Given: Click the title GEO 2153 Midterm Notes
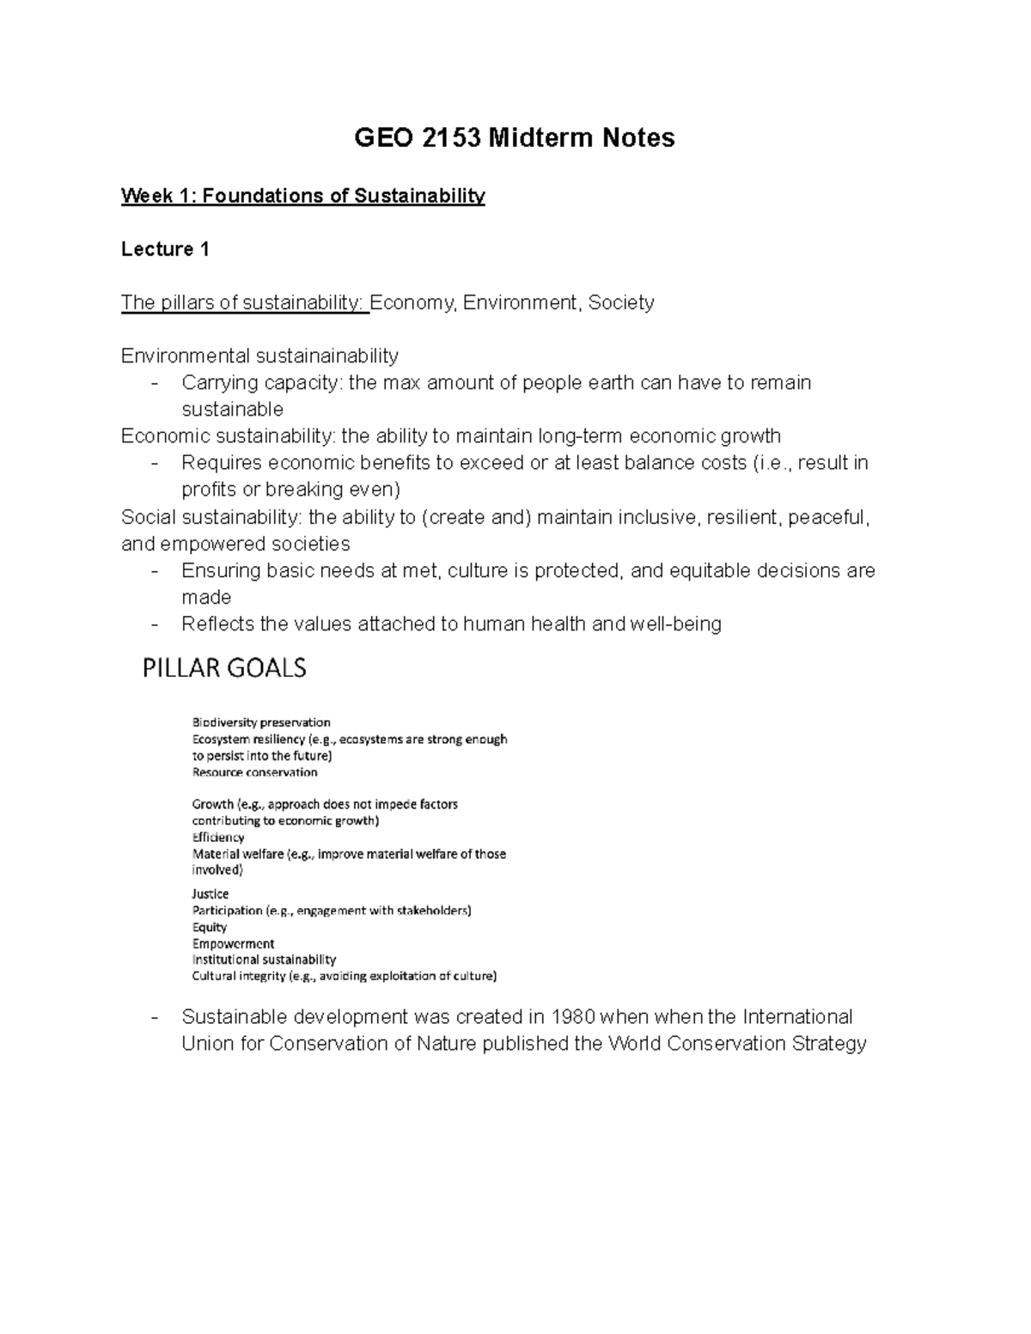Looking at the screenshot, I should click(515, 138).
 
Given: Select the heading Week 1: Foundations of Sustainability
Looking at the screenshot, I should click(302, 196).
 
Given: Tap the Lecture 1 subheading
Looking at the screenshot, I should click(165, 249).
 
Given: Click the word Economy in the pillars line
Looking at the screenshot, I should click(412, 302).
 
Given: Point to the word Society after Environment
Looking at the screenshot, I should click(621, 302).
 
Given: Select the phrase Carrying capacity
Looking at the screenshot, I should click(260, 382).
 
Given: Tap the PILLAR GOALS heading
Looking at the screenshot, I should click(224, 668).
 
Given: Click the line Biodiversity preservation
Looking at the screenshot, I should click(261, 722).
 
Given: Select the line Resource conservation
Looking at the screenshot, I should click(254, 771).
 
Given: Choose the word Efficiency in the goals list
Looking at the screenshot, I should click(218, 837).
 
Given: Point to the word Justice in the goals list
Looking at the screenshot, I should click(210, 894).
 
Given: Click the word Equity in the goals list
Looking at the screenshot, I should click(210, 927).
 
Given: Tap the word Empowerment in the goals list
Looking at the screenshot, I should click(233, 943).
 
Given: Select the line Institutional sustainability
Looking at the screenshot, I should click(264, 959).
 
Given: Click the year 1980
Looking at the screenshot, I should click(572, 1017).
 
